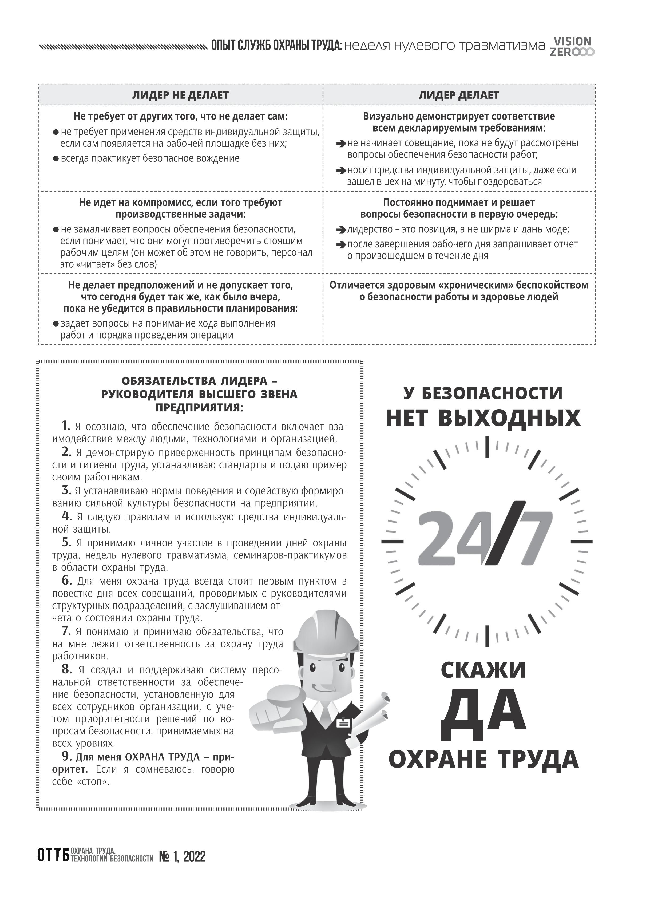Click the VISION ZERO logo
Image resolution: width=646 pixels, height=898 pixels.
pos(572,47)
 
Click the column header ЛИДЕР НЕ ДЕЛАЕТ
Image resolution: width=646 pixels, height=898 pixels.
pos(180,95)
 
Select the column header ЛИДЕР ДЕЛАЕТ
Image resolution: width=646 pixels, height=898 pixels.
pos(459,95)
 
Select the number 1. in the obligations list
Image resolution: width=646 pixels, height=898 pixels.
pos(66,426)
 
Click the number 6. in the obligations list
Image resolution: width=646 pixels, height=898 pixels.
pos(66,581)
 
